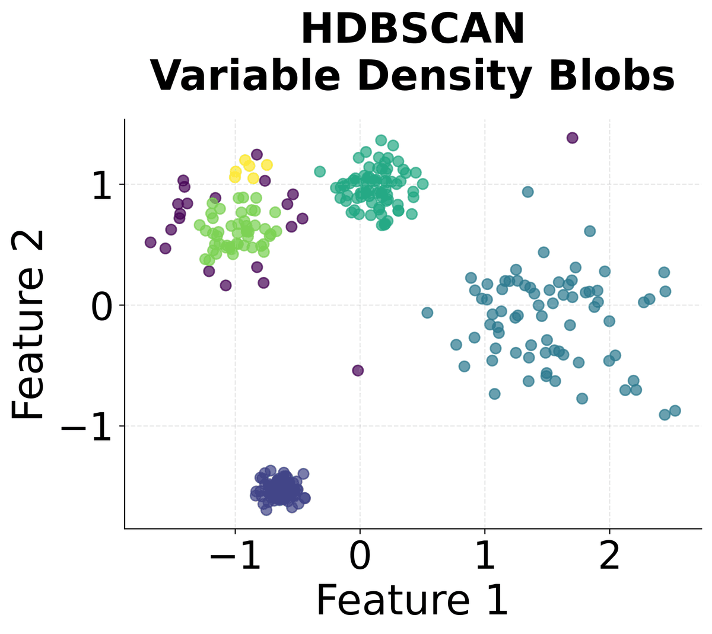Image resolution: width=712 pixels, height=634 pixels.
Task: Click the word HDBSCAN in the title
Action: [412, 30]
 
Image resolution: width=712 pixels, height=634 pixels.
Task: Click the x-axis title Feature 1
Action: [412, 600]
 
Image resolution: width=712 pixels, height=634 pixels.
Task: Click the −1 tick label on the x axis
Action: [235, 556]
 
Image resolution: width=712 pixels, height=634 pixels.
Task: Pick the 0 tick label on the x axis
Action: [360, 556]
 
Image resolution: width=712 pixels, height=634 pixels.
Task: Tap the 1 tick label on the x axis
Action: [485, 556]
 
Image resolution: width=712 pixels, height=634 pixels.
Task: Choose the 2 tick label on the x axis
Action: [609, 556]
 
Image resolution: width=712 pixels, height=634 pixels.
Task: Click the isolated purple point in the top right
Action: [572, 138]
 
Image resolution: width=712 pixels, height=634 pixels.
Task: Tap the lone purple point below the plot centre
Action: [358, 371]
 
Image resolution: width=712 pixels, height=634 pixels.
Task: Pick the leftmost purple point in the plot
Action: [151, 242]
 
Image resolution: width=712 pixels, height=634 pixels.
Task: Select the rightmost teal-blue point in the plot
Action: [675, 411]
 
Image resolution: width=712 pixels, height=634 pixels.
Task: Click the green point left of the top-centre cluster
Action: [320, 172]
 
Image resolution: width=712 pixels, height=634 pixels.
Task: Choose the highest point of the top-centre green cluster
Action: [381, 141]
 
